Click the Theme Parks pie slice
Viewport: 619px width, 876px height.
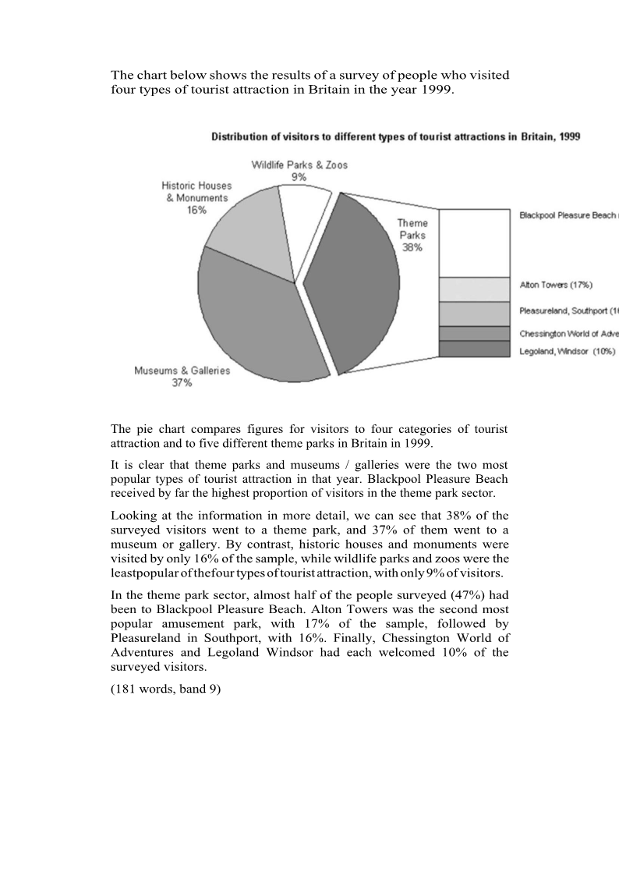pos(355,296)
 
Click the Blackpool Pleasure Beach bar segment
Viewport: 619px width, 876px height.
pos(473,243)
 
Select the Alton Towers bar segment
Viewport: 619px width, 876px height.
pos(473,289)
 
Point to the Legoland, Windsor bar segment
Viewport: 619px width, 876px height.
pos(473,349)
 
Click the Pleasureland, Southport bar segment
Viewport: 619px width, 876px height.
pos(473,314)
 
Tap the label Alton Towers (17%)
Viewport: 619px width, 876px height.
pos(556,285)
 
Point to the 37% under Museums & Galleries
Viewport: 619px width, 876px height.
pos(182,383)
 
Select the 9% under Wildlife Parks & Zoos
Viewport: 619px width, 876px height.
pos(299,177)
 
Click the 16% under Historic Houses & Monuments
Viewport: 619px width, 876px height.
pos(196,210)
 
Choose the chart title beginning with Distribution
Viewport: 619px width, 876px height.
pos(395,137)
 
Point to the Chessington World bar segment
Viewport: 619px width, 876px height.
pos(473,333)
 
